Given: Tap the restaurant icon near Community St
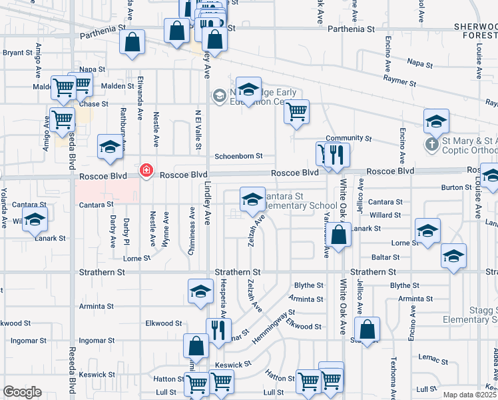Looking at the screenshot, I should (x=338, y=155).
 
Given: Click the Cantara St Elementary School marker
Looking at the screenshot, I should (x=252, y=200).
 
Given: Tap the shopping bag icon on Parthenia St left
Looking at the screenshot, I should (x=132, y=41).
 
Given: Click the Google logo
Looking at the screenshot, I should (x=22, y=392).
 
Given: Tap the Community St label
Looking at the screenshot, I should (x=348, y=138).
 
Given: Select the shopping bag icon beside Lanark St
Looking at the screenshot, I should (x=339, y=235).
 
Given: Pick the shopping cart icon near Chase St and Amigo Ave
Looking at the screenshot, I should (x=62, y=120).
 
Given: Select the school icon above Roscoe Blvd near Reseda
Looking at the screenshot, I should (x=110, y=147).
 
